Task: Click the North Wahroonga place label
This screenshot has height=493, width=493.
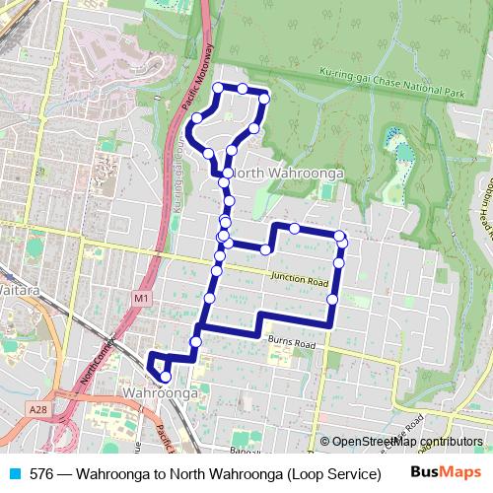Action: click(x=286, y=174)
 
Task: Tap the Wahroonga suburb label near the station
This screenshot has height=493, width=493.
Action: click(x=162, y=393)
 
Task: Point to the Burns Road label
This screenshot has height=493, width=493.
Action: click(x=290, y=343)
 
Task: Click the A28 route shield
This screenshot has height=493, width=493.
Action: click(x=37, y=409)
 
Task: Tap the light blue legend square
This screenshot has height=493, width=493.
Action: click(x=13, y=473)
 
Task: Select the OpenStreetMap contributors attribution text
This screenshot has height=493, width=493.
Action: click(x=406, y=441)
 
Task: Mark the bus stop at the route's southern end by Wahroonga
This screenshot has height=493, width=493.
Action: click(x=166, y=376)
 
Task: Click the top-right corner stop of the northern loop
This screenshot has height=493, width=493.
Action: click(x=264, y=98)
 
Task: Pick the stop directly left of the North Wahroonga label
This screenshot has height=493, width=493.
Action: click(x=228, y=174)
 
